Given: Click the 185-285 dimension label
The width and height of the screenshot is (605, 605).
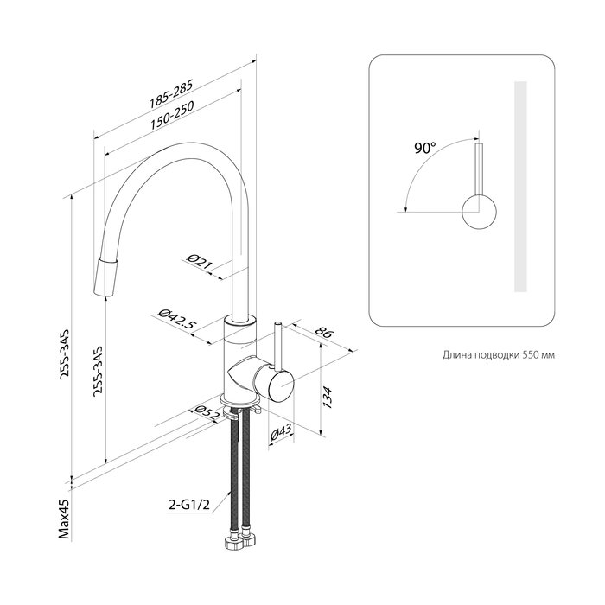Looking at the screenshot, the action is [x=171, y=94].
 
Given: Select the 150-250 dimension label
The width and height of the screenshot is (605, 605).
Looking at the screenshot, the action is [x=172, y=115].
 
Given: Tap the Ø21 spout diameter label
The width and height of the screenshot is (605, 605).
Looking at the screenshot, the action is [x=200, y=261].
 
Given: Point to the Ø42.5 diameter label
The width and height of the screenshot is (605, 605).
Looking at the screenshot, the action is [x=175, y=320].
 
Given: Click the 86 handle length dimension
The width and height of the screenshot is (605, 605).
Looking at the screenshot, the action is [x=323, y=331].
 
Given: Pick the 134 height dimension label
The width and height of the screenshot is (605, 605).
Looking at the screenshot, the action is [x=327, y=398].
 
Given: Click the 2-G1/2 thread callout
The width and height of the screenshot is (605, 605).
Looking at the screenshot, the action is [x=189, y=505].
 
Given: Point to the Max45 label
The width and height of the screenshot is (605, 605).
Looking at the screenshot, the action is [x=64, y=519].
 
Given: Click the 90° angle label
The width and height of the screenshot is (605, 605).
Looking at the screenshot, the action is [x=425, y=148].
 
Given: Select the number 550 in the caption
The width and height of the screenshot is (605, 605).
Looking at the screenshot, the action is [x=532, y=355].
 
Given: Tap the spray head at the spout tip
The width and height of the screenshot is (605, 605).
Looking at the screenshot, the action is [x=105, y=277].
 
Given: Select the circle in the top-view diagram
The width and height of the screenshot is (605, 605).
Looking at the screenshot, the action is [x=479, y=212].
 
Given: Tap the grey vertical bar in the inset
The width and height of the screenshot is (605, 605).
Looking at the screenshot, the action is [x=520, y=187].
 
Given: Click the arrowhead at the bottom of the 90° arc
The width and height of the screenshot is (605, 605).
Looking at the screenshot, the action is [x=405, y=208].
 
